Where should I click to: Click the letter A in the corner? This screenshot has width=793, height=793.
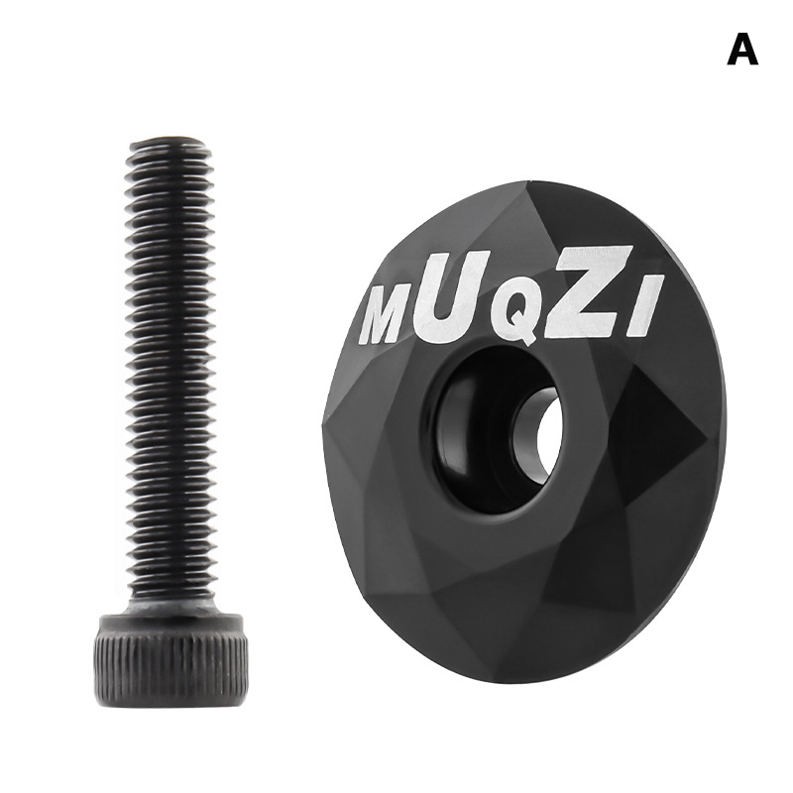coord(742,50)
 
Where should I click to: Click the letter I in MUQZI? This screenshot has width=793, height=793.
coord(639,306)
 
